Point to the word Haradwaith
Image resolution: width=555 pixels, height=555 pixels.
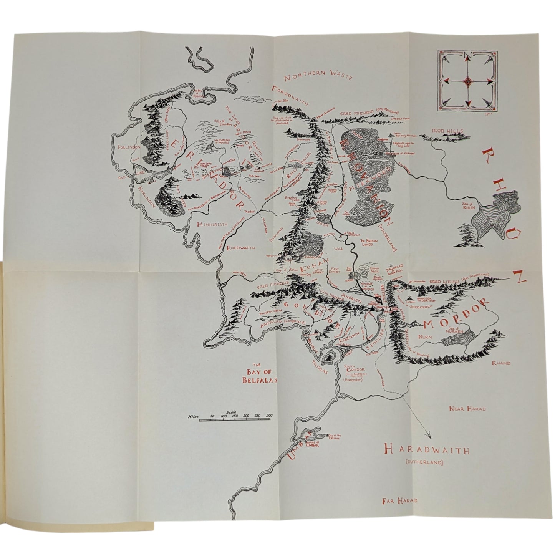(x=421, y=449)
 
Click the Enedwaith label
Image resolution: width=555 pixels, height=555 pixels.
(x=241, y=248)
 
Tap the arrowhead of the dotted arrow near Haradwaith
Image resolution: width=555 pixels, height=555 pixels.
(x=429, y=436)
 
